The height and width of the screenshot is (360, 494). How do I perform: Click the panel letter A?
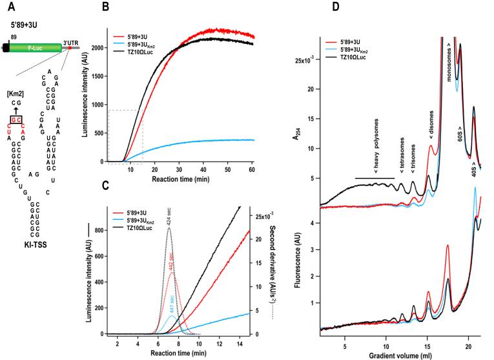pos(8,8)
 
